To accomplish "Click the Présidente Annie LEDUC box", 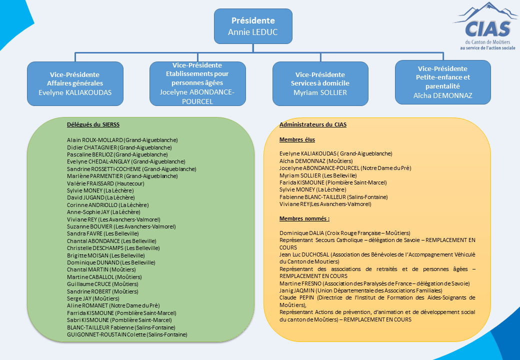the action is pyautogui.click(x=253, y=26).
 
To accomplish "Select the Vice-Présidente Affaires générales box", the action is pyautogui.click(x=75, y=83).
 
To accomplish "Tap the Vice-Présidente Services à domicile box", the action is pyautogui.click(x=320, y=83).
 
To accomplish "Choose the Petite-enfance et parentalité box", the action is pyautogui.click(x=442, y=82).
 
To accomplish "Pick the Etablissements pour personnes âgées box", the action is pyautogui.click(x=197, y=83).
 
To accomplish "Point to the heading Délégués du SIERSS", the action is pyautogui.click(x=93, y=124).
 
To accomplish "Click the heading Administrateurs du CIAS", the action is pyautogui.click(x=313, y=124).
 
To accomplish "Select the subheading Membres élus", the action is pyautogui.click(x=297, y=139).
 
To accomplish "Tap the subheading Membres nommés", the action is pyautogui.click(x=304, y=218).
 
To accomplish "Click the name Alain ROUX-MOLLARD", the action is pyautogui.click(x=95, y=140).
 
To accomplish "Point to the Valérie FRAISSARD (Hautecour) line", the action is pyautogui.click(x=105, y=183).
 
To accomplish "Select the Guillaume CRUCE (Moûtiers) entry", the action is pyautogui.click(x=102, y=284).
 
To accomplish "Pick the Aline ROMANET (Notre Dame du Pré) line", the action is pyautogui.click(x=113, y=305).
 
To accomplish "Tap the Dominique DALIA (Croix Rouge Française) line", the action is pyautogui.click(x=345, y=233).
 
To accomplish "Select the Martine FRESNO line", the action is pyautogui.click(x=374, y=283).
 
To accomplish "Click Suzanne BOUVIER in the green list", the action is pyautogui.click(x=89, y=226).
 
